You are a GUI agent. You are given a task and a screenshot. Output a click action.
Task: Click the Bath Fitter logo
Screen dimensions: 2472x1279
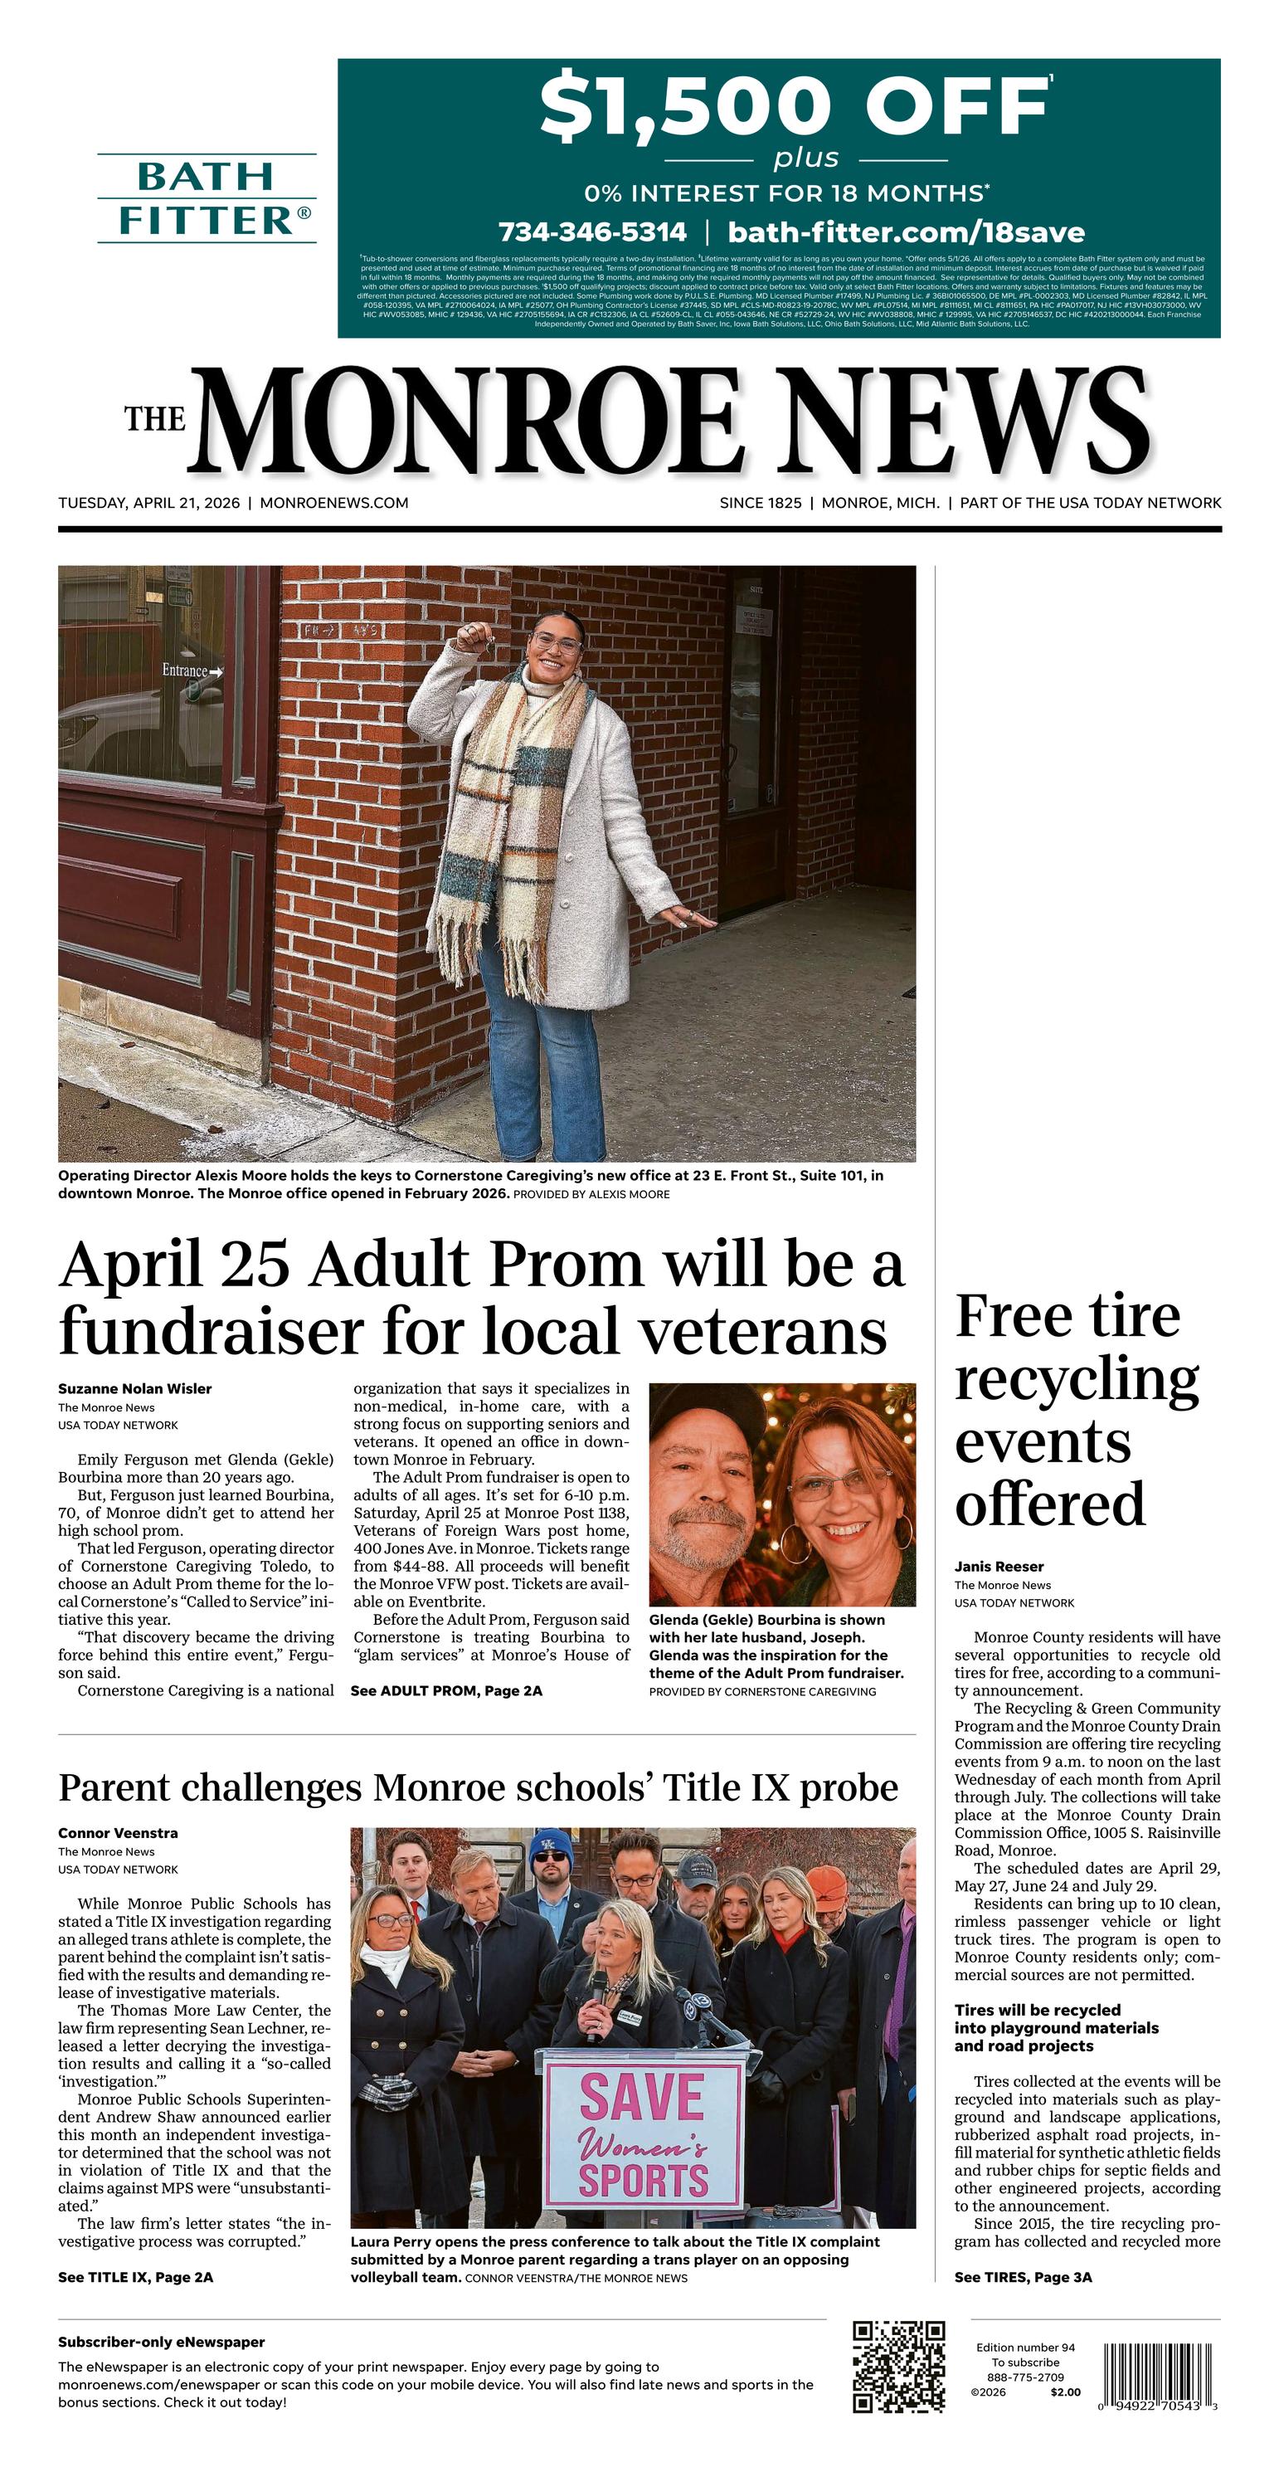(x=207, y=198)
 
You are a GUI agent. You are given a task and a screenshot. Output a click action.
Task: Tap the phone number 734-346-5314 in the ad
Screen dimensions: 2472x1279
(x=592, y=232)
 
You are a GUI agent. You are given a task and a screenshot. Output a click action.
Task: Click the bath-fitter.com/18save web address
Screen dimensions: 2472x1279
(x=906, y=232)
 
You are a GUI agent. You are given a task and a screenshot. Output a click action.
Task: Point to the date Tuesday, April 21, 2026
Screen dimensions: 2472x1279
(x=148, y=503)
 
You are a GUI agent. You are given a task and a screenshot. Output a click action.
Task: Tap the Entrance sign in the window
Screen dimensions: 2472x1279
(x=191, y=670)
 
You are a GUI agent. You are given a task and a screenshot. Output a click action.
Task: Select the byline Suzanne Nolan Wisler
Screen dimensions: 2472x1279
(x=134, y=1388)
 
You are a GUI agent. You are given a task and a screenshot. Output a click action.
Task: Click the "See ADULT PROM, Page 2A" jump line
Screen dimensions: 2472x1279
(x=446, y=1691)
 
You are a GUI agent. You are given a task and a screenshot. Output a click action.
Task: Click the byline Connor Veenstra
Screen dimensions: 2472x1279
(x=118, y=1833)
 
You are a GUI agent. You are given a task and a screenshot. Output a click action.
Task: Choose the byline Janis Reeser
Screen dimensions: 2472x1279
(x=999, y=1566)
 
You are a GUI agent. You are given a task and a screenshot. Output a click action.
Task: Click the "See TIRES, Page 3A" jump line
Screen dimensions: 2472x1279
(x=1023, y=2277)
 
